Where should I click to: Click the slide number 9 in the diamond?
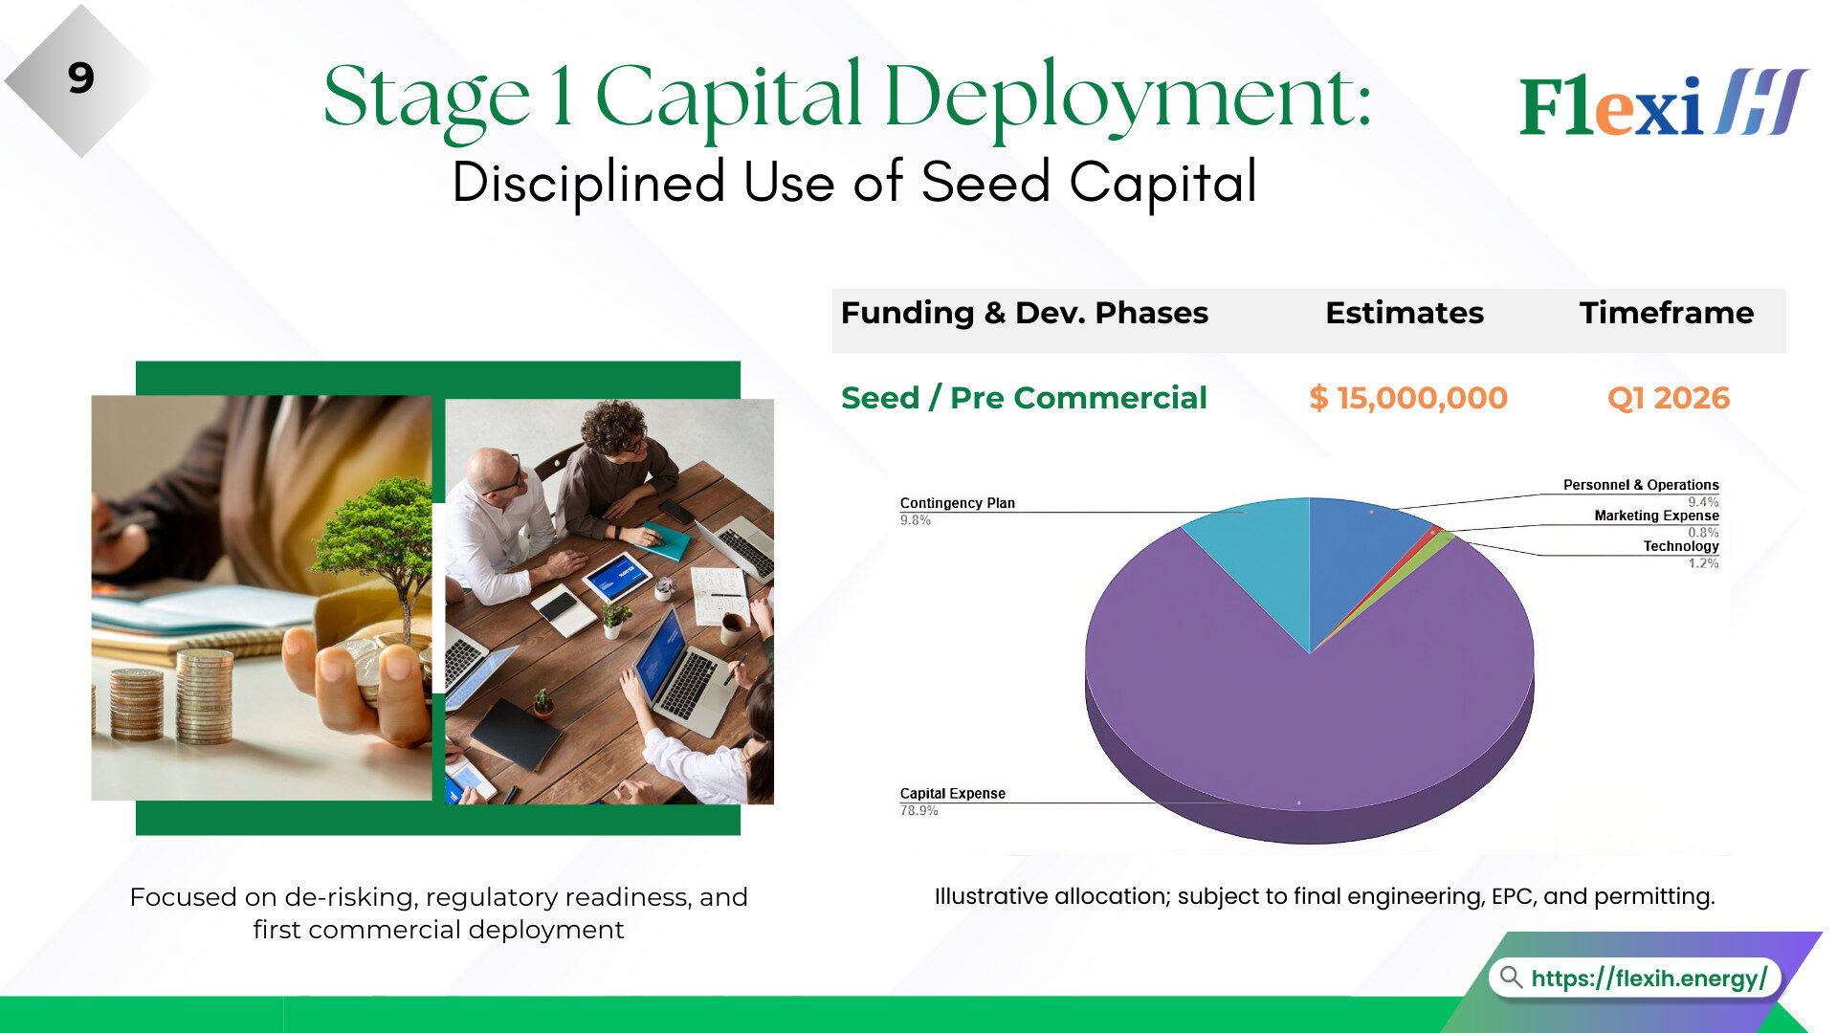coord(81,78)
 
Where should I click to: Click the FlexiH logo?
coord(1663,102)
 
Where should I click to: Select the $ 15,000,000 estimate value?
coord(1407,398)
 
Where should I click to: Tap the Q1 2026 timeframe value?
coord(1669,398)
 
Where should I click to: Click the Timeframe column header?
coord(1667,313)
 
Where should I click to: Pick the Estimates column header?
coord(1405,313)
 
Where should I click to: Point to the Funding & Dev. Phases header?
coord(1025,313)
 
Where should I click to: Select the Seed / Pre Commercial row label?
coord(1024,398)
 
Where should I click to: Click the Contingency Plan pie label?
coord(957,503)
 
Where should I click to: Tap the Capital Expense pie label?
coord(952,794)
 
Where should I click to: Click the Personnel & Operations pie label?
coord(1641,485)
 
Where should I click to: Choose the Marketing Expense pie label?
coord(1656,516)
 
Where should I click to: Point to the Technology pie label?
coord(1681,546)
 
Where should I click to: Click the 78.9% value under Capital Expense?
coord(918,811)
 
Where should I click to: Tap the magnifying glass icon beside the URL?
coord(1511,978)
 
